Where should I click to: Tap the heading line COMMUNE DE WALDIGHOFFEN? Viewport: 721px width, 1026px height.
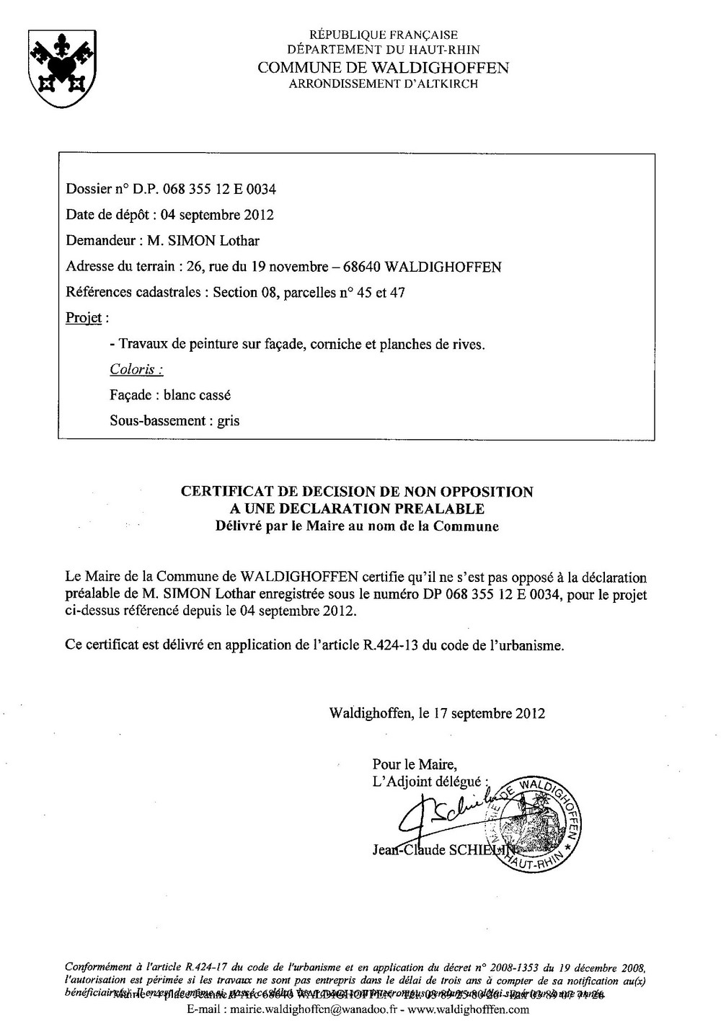point(383,68)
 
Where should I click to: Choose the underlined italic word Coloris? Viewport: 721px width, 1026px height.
point(136,369)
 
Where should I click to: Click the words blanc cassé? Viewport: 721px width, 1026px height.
point(198,395)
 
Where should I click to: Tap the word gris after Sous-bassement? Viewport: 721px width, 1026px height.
point(229,420)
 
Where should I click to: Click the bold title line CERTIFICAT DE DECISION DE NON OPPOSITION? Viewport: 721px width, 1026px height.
point(357,492)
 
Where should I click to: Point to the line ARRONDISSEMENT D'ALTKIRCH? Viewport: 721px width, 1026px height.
point(383,84)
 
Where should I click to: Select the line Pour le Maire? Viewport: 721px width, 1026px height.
point(415,764)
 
